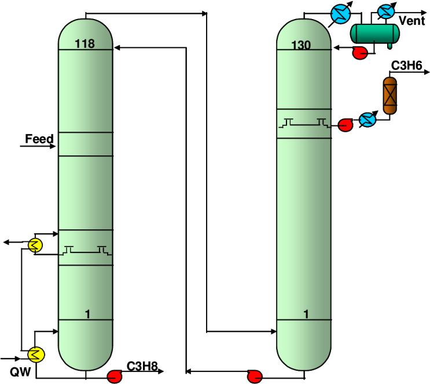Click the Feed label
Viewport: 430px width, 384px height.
(x=39, y=139)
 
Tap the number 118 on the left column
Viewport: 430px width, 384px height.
(x=84, y=44)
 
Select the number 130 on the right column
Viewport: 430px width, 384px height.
(x=301, y=45)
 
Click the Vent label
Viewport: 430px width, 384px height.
(x=412, y=21)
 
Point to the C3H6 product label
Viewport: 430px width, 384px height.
(x=406, y=66)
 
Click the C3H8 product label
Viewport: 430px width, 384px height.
(x=142, y=366)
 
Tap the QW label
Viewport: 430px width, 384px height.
(x=20, y=372)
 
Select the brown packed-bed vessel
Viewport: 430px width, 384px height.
(x=389, y=95)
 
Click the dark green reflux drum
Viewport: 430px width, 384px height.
(x=375, y=33)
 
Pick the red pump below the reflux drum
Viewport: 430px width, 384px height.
(x=360, y=53)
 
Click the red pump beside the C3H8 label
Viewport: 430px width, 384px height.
(x=115, y=376)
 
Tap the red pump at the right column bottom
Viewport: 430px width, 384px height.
(x=255, y=376)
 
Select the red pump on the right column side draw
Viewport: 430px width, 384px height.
(x=346, y=125)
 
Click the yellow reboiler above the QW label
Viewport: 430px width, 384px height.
(x=36, y=355)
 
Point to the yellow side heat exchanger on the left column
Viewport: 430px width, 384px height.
(x=35, y=245)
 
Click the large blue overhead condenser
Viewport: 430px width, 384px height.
(x=341, y=14)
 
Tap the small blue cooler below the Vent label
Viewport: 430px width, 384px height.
(x=385, y=12)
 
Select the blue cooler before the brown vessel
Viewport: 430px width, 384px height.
(x=367, y=120)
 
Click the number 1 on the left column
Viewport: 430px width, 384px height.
(x=87, y=314)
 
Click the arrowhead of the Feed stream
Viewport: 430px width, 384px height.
(x=53, y=147)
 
